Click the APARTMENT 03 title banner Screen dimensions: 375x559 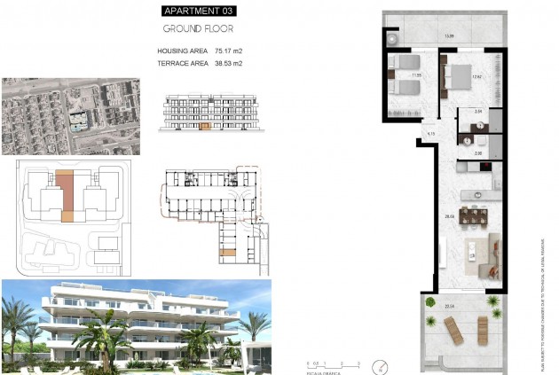(200, 11)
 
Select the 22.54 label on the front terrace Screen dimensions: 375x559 (450, 307)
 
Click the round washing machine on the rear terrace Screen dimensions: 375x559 (393, 40)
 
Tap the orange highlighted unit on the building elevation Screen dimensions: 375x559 (206, 127)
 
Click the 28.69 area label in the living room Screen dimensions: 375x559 (450, 216)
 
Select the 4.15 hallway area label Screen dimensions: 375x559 (429, 134)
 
